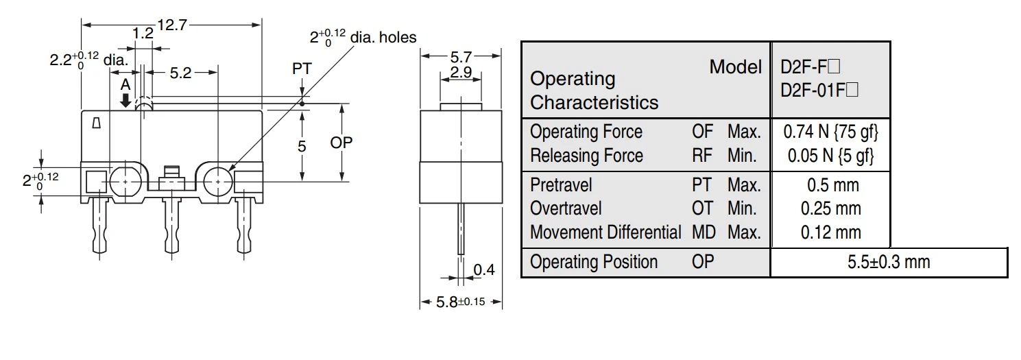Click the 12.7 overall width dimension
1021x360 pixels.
pyautogui.click(x=171, y=25)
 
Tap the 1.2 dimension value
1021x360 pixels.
pyautogui.click(x=143, y=34)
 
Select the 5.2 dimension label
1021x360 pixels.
pyautogui.click(x=180, y=73)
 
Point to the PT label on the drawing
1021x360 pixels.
pyautogui.click(x=302, y=69)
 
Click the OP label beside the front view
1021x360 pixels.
pyautogui.click(x=341, y=143)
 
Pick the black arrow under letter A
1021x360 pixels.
pyautogui.click(x=125, y=100)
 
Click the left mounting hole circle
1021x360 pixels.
pyautogui.click(x=125, y=180)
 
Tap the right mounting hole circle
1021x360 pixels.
pyautogui.click(x=218, y=180)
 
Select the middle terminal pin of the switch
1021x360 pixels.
pyautogui.click(x=171, y=226)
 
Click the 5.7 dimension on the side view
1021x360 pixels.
pyautogui.click(x=461, y=56)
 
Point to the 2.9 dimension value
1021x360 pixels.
pyautogui.click(x=461, y=72)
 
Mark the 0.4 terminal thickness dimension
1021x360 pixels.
pyautogui.click(x=484, y=270)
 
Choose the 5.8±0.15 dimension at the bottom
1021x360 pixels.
pyautogui.click(x=461, y=302)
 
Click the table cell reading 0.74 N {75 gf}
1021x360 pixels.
pyautogui.click(x=830, y=132)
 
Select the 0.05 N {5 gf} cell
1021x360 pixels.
pyautogui.click(x=830, y=156)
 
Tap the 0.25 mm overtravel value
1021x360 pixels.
pyautogui.click(x=830, y=208)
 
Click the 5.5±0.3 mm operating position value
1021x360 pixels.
pyautogui.click(x=889, y=263)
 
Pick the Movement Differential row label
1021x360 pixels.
pyautogui.click(x=605, y=232)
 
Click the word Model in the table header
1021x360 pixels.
pyautogui.click(x=735, y=67)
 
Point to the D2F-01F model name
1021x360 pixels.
pyautogui.click(x=810, y=89)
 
